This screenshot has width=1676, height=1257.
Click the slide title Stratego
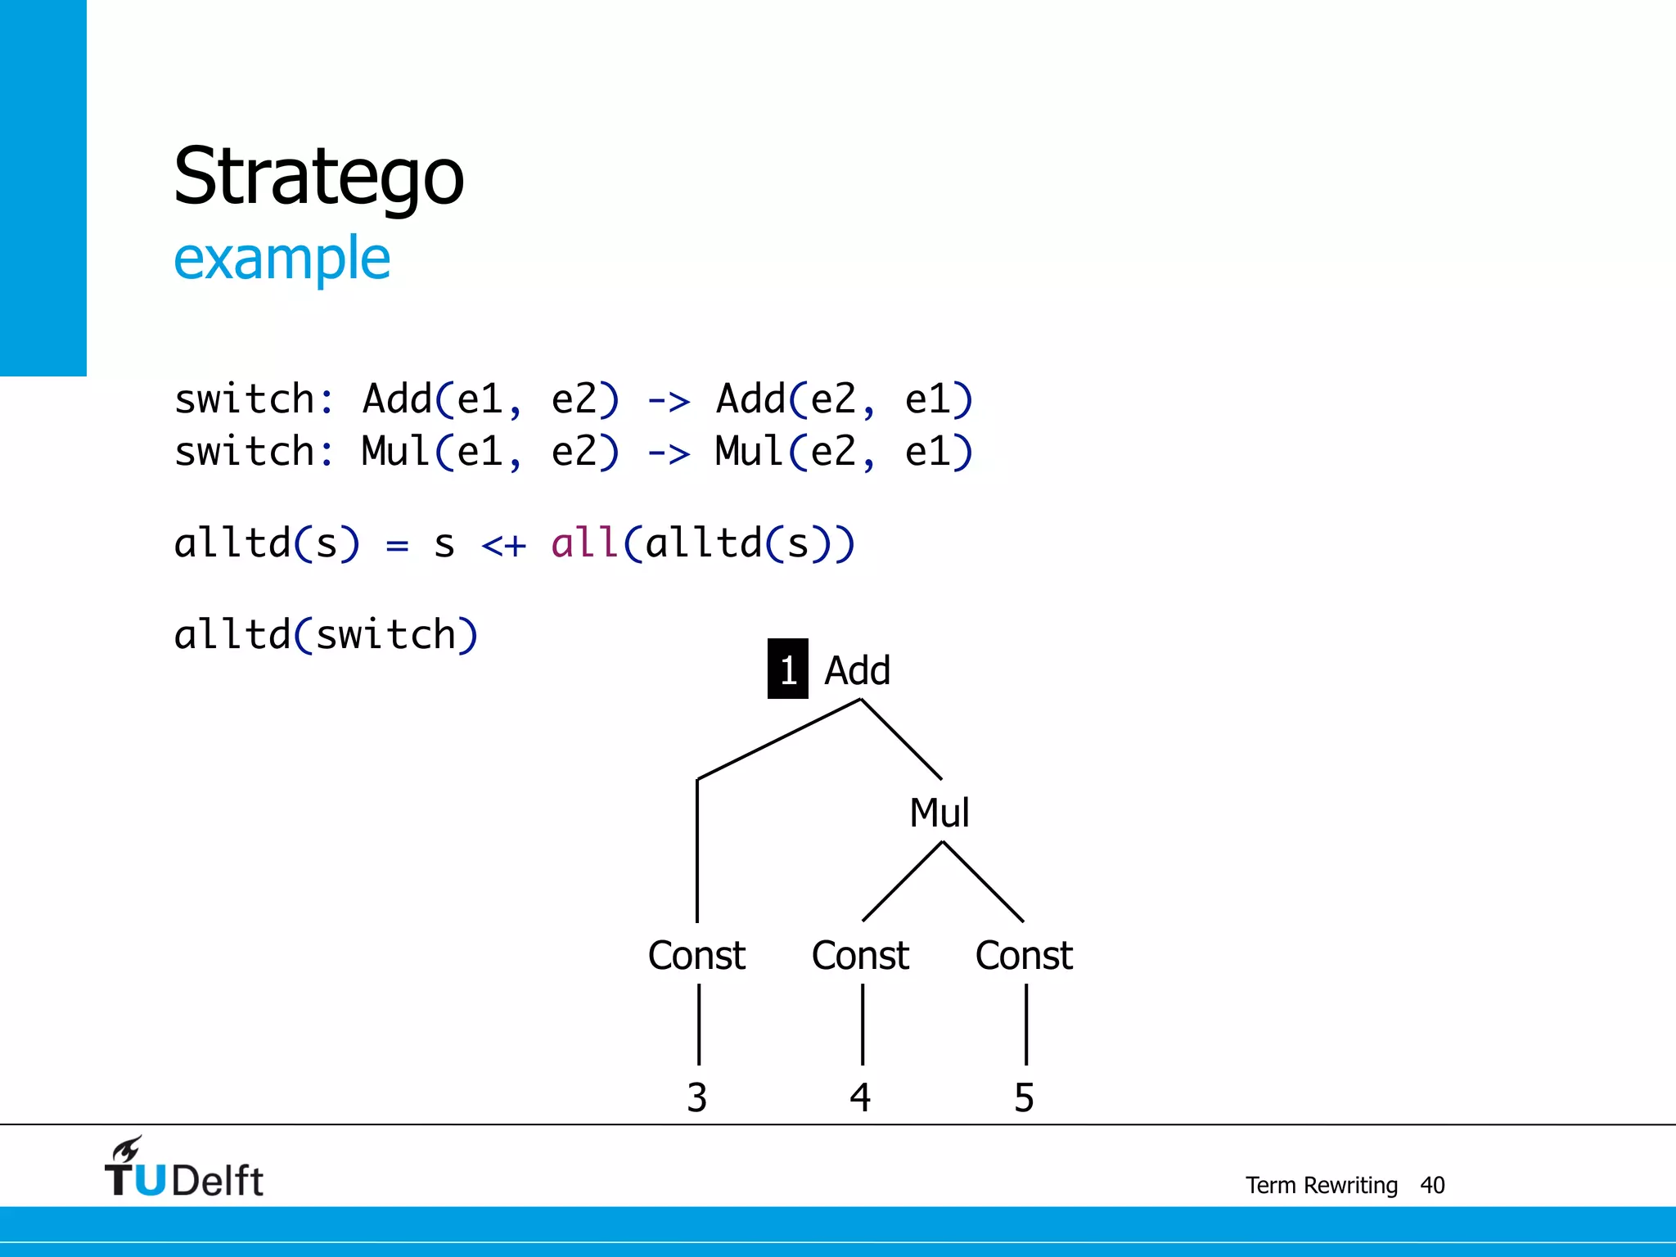point(318,177)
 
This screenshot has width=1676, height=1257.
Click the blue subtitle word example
point(282,259)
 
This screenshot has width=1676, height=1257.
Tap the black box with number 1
point(787,669)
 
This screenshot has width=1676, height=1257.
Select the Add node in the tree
point(857,670)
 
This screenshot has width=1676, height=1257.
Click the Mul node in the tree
point(939,813)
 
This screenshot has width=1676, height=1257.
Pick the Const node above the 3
point(696,955)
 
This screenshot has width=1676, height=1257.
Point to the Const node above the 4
point(860,955)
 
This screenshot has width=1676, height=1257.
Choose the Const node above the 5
point(1024,955)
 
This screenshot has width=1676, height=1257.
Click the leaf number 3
point(696,1097)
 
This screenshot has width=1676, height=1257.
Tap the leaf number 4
point(860,1097)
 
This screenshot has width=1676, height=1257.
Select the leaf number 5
point(1024,1097)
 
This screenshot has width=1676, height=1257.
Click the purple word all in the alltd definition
point(583,543)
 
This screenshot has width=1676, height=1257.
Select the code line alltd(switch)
point(326,634)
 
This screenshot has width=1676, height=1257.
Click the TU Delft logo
point(184,1169)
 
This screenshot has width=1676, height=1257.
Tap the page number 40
point(1432,1185)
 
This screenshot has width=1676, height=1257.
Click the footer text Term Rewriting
point(1321,1185)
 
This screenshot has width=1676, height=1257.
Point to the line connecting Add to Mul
point(901,739)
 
